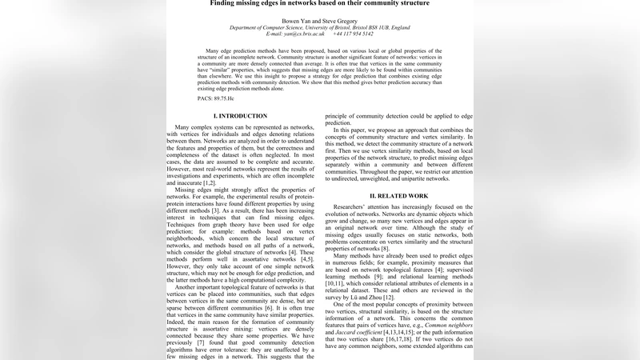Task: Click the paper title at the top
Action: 319,3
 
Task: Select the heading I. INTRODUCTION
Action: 246,116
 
